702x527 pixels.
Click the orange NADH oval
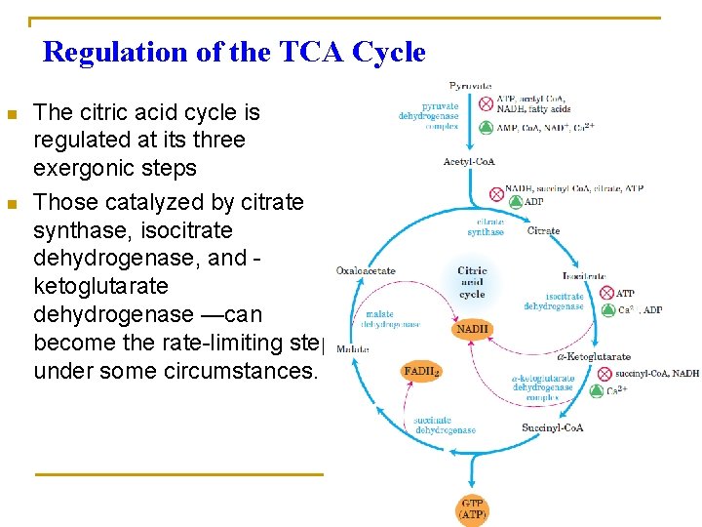pos(472,330)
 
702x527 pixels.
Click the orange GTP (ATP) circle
pos(472,509)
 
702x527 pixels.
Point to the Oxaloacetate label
pos(366,270)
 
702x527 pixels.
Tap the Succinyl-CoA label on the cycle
pos(552,427)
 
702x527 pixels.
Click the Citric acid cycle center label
pos(472,282)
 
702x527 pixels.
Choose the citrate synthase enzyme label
pos(485,227)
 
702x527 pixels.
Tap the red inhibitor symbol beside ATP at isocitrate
pos(604,292)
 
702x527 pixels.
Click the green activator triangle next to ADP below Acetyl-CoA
pos(515,202)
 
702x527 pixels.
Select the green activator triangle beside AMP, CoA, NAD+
pos(486,127)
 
